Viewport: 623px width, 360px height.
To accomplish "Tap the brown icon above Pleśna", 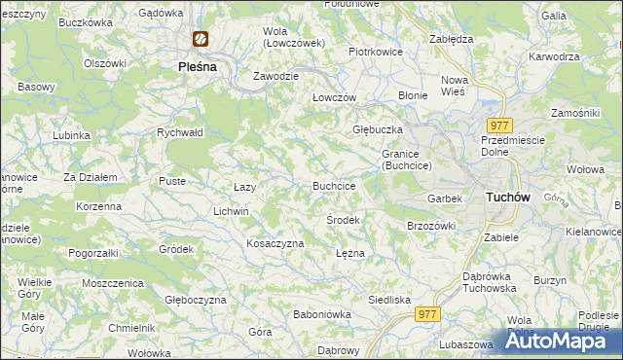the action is pyautogui.click(x=201, y=40).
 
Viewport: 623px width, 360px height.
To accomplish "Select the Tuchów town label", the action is pyautogui.click(x=506, y=197).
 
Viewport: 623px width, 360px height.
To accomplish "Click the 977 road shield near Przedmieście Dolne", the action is pyautogui.click(x=501, y=126).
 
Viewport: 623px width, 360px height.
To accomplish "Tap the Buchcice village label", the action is pyautogui.click(x=333, y=185).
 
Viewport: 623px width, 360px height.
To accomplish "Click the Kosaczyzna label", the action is pyautogui.click(x=275, y=243).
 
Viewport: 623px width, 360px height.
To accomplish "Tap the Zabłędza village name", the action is pyautogui.click(x=451, y=39).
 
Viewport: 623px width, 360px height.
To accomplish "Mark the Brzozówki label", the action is pyautogui.click(x=431, y=226).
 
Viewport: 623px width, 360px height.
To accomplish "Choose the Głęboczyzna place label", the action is pyautogui.click(x=195, y=300).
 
